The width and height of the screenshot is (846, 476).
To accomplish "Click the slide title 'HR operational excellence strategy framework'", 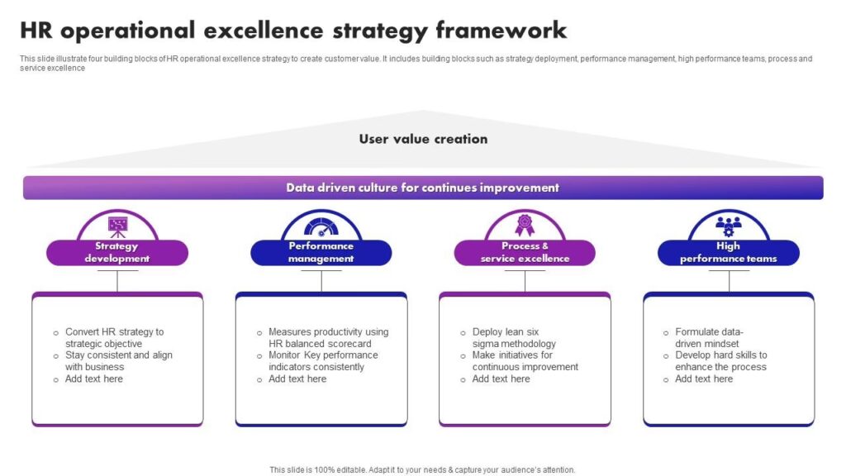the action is [293, 31].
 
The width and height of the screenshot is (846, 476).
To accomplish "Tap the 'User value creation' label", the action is [423, 139].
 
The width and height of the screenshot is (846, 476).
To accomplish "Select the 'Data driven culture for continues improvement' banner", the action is [423, 188].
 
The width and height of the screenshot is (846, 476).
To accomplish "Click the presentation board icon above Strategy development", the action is [117, 226].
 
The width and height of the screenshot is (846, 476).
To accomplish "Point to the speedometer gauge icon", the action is [321, 226].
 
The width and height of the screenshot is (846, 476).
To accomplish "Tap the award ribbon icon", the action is [525, 225].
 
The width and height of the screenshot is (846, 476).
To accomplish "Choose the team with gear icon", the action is [729, 226].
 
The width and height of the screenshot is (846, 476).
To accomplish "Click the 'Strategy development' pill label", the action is [117, 253].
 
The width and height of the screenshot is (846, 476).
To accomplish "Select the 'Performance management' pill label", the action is [321, 253].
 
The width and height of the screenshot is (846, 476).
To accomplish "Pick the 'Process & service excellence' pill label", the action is [525, 253].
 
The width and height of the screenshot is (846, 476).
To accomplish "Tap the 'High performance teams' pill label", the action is [729, 253].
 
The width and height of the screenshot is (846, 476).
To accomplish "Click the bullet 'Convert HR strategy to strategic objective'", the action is [114, 338].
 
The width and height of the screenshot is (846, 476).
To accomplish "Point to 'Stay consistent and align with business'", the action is [118, 361].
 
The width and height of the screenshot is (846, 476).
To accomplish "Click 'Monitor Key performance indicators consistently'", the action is [323, 361].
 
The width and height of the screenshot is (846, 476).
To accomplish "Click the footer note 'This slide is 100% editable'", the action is [422, 470].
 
